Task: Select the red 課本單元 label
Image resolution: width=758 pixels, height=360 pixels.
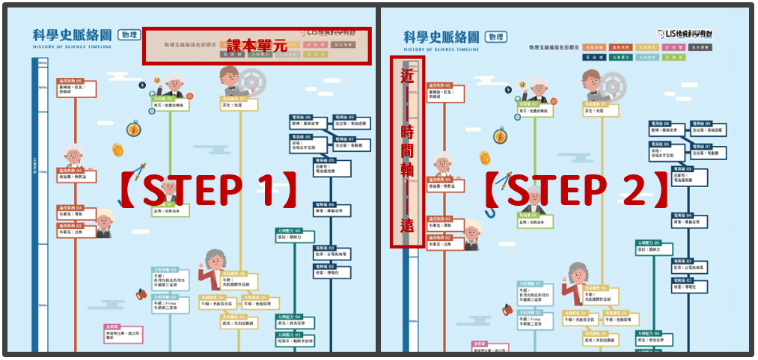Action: click(x=257, y=46)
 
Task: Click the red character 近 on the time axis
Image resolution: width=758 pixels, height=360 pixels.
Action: click(x=407, y=76)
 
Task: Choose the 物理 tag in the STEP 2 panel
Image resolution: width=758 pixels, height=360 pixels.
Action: click(x=495, y=37)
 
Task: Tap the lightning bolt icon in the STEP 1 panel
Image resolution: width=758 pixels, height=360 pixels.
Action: click(x=142, y=85)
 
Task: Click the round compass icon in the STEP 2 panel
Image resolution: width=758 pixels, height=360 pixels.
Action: click(x=501, y=135)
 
